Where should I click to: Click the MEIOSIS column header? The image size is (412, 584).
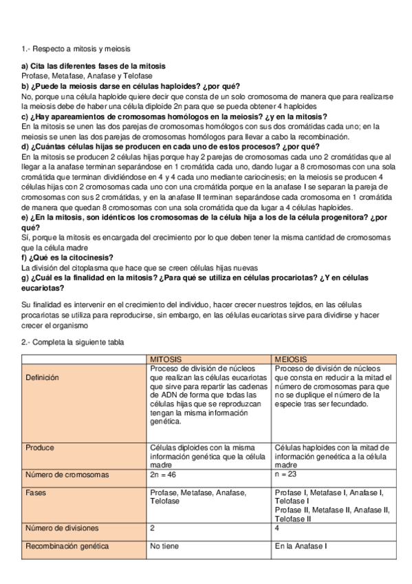[x=290, y=359]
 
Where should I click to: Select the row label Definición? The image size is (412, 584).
[x=43, y=377]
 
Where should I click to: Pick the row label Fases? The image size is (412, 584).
[x=36, y=493]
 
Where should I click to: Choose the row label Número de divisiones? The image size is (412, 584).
[x=62, y=528]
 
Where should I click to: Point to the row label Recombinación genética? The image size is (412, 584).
[x=67, y=546]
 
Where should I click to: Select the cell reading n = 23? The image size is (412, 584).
[x=286, y=474]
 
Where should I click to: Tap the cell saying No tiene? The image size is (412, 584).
[x=163, y=546]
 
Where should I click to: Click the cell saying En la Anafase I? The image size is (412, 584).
[x=299, y=546]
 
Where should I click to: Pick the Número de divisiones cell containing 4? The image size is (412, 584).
[x=277, y=528]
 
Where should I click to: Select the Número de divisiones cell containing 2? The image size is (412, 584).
[x=152, y=528]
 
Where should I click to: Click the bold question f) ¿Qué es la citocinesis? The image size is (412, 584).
[x=67, y=258]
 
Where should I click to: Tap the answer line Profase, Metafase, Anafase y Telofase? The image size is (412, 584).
[x=87, y=76]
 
